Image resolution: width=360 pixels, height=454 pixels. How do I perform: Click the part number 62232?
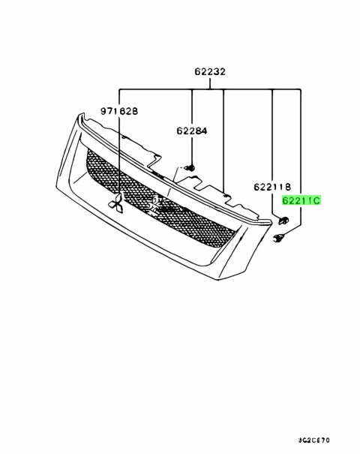point(210,71)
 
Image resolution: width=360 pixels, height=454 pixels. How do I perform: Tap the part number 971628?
point(119,111)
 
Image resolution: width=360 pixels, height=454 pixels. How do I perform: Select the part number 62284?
point(192,131)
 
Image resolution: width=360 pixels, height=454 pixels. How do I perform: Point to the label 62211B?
point(272,187)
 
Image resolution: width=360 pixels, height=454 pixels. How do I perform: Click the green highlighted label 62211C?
point(301,200)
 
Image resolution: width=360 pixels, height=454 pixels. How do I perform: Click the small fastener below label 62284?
point(190,167)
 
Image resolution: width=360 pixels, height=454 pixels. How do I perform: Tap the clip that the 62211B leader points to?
point(283,221)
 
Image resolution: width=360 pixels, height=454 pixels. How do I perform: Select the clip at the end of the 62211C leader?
point(279,238)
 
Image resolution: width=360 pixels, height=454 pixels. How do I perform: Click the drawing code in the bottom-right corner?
point(313,440)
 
